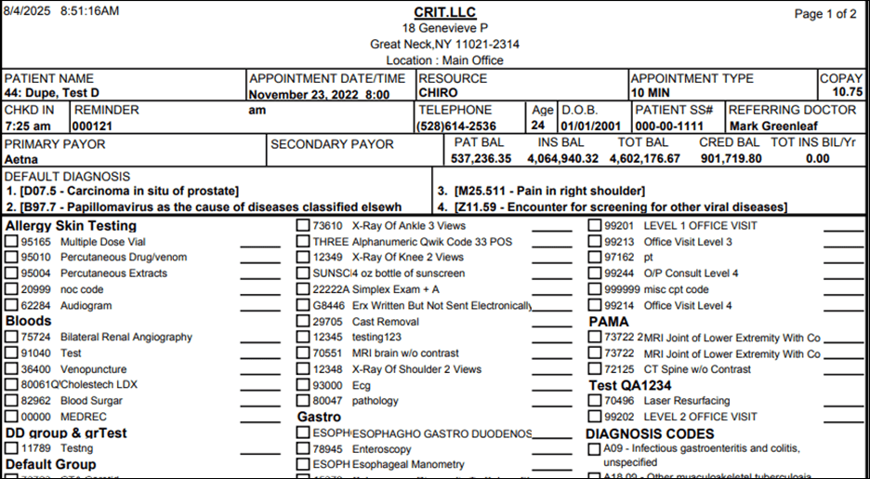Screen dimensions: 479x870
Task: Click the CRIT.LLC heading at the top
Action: click(443, 12)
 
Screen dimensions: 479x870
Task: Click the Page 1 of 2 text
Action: click(825, 14)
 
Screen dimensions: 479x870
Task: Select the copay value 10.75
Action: click(847, 93)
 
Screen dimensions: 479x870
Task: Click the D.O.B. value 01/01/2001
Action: click(589, 126)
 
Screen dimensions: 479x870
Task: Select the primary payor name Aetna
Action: click(21, 159)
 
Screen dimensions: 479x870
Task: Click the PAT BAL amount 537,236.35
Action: click(481, 159)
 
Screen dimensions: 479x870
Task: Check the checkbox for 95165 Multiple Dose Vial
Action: click(11, 242)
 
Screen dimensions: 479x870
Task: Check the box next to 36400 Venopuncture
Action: click(11, 369)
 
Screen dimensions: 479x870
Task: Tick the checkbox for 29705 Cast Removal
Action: click(303, 321)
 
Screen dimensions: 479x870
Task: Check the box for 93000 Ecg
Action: click(303, 385)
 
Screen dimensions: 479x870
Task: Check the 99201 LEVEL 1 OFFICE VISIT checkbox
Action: click(595, 226)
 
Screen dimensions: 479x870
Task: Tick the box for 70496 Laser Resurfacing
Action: click(595, 401)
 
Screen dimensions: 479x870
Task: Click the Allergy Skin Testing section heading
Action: click(71, 226)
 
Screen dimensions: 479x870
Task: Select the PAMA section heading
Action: click(609, 322)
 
